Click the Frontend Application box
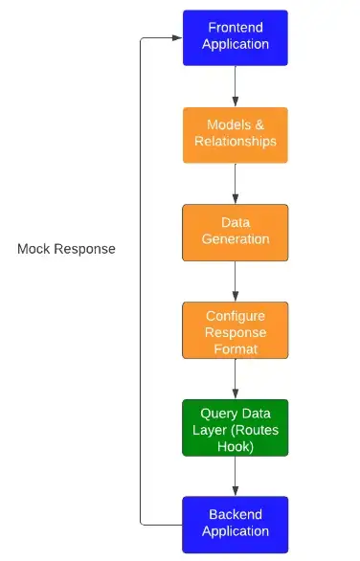235,37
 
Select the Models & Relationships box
235,134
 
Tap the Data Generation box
235,232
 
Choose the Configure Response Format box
235,330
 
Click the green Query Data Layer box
235,427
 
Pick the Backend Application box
235,524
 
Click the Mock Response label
66,249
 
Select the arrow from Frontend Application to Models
236,86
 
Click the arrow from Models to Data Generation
236,183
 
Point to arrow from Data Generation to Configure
236,280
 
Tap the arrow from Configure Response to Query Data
236,378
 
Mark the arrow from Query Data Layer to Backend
236,476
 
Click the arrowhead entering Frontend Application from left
176,38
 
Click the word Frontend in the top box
236,28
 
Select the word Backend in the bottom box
236,514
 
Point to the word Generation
236,239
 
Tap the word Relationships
236,142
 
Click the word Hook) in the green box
236,445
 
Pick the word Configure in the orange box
236,315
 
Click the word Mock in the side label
34,249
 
